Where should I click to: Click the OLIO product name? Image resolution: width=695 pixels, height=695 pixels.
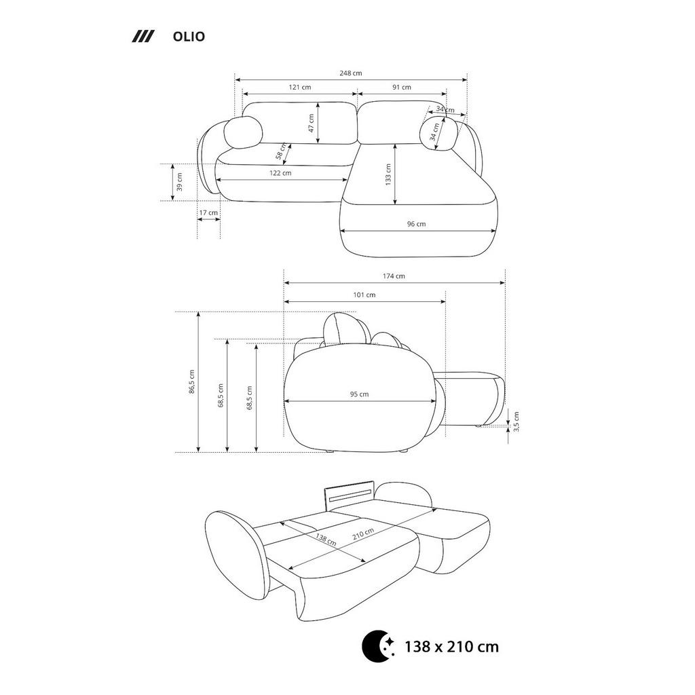click(189, 37)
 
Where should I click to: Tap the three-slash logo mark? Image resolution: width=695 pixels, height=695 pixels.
click(143, 37)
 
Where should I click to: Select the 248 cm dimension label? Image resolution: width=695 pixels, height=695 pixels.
click(351, 73)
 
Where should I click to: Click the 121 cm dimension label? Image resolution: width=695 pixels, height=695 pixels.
click(300, 88)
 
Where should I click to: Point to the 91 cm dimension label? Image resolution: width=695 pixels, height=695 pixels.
click(402, 88)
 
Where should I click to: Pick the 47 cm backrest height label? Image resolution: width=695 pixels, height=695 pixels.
click(311, 123)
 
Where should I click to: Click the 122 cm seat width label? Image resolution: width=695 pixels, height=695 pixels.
click(280, 173)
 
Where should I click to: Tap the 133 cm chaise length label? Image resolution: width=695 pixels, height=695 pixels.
click(388, 174)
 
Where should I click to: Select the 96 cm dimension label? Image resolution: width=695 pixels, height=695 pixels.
click(416, 224)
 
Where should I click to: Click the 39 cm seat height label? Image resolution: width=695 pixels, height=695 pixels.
click(179, 182)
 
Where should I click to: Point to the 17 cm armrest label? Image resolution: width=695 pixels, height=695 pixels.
click(208, 212)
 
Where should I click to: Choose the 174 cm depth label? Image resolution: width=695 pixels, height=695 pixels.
click(394, 276)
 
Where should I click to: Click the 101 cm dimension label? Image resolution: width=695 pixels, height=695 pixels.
click(364, 295)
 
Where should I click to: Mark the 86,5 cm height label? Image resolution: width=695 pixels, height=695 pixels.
click(191, 381)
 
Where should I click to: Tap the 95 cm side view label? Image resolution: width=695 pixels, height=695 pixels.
click(359, 394)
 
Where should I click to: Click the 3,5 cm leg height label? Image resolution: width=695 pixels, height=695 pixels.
click(516, 421)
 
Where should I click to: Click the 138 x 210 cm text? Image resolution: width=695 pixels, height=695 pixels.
click(451, 647)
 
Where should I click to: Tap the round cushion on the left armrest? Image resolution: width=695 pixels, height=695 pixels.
click(243, 132)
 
